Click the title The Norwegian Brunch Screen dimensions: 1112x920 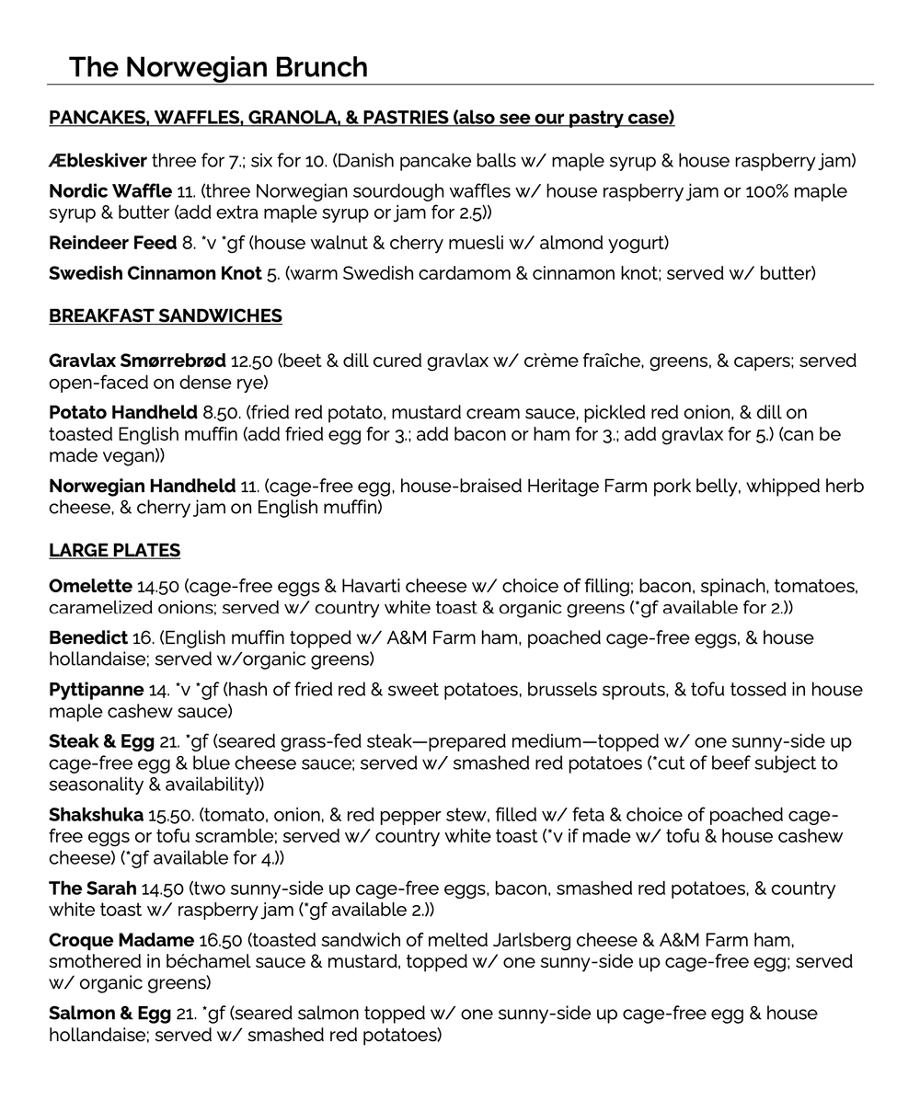tap(218, 67)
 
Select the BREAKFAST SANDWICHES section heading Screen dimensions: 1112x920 tap(166, 316)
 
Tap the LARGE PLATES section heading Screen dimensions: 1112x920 tap(114, 551)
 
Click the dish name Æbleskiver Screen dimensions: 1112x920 tap(98, 162)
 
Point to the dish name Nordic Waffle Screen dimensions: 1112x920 tap(110, 192)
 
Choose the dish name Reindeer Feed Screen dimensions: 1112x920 tap(112, 244)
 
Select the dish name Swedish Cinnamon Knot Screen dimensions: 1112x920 tap(155, 274)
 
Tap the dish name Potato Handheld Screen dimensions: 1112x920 tap(123, 413)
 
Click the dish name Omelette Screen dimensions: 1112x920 tap(90, 587)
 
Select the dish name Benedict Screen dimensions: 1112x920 tap(88, 638)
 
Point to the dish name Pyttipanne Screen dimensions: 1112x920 tap(97, 690)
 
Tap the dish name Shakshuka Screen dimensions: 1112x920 tap(96, 815)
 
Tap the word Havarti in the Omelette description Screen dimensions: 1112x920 tap(375, 587)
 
